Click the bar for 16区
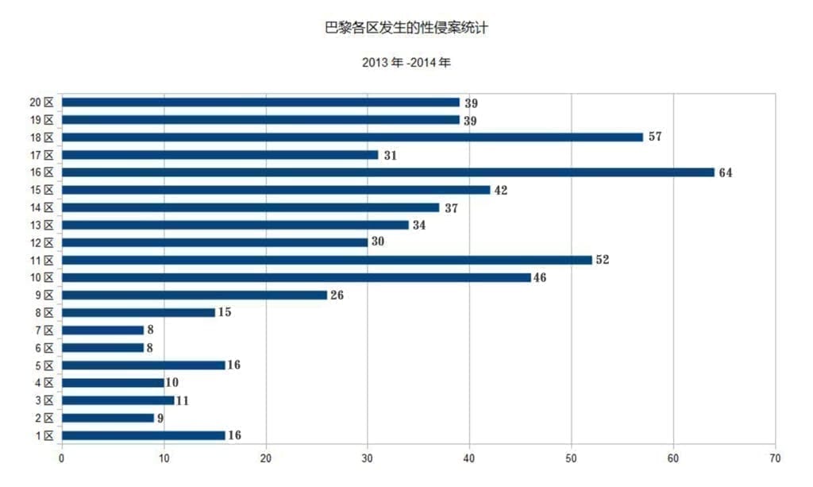click(388, 172)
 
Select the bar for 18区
click(353, 137)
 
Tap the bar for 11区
click(327, 260)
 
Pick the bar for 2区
click(108, 418)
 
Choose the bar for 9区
click(195, 295)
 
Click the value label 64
click(726, 172)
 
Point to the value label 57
click(655, 137)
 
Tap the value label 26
click(337, 295)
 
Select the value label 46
click(540, 277)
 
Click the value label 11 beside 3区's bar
click(182, 400)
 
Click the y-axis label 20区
click(41, 102)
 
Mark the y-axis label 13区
click(41, 225)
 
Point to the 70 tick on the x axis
click(775, 458)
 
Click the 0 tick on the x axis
click(62, 458)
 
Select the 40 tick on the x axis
click(470, 458)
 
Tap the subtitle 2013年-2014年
click(406, 61)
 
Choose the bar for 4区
click(113, 383)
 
